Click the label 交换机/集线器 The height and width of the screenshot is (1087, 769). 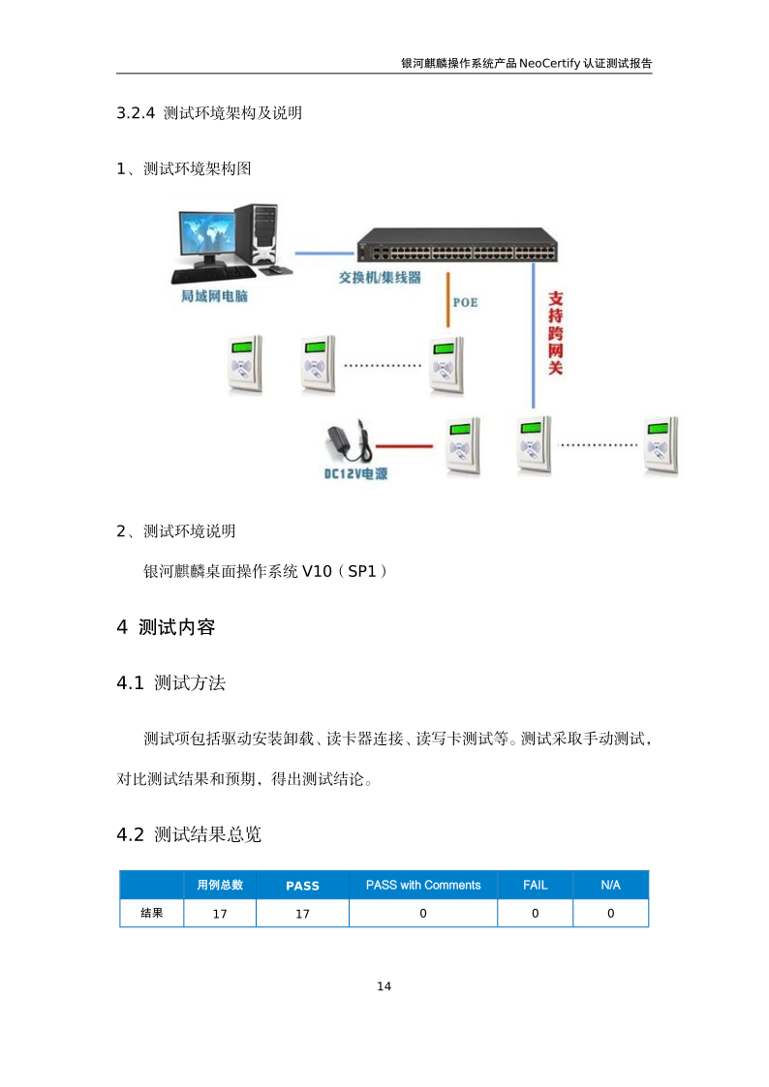[379, 278]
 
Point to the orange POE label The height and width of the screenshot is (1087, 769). [465, 302]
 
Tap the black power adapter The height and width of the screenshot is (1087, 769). [351, 443]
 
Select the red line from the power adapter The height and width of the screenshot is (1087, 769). [406, 446]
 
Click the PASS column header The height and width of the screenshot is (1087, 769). [302, 886]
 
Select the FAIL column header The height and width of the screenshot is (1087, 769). [535, 885]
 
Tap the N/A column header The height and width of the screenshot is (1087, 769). [610, 885]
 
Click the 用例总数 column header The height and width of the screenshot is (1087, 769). [220, 885]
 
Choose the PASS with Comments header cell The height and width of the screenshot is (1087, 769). [423, 885]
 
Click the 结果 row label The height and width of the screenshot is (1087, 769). [151, 913]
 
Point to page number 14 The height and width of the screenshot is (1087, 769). [384, 986]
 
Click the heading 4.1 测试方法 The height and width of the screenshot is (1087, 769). [170, 683]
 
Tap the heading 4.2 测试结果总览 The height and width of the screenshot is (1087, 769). [189, 834]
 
